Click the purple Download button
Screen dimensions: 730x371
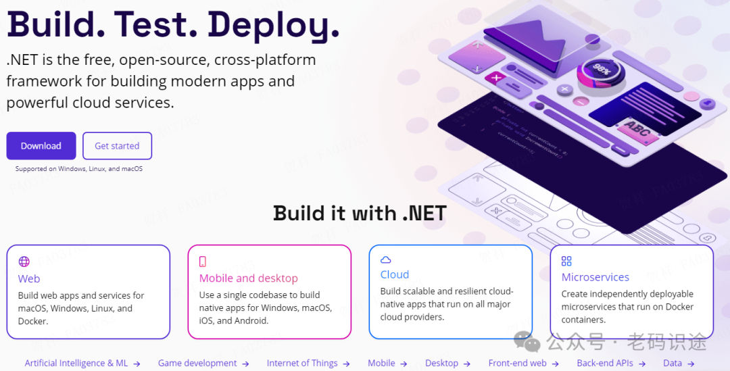pyautogui.click(x=41, y=146)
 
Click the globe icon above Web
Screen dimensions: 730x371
pyautogui.click(x=24, y=262)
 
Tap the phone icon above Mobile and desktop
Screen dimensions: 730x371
pyautogui.click(x=203, y=262)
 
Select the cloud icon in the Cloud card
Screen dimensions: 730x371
pyautogui.click(x=386, y=259)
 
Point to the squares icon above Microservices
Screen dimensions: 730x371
pyautogui.click(x=566, y=261)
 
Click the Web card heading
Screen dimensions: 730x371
pyautogui.click(x=29, y=278)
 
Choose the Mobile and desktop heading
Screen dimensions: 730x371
pyautogui.click(x=248, y=278)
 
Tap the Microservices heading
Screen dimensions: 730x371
pyautogui.click(x=595, y=277)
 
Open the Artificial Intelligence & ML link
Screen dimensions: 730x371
pyautogui.click(x=76, y=363)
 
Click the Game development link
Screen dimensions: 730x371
pyautogui.click(x=197, y=363)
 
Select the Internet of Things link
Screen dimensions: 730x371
pyautogui.click(x=302, y=363)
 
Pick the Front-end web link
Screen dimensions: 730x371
pyautogui.click(x=518, y=363)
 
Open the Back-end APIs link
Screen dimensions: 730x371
pyautogui.click(x=605, y=363)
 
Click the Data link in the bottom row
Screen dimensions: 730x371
pyautogui.click(x=673, y=363)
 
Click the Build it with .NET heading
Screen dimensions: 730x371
pyautogui.click(x=360, y=214)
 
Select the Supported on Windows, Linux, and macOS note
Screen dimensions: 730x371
pyautogui.click(x=79, y=169)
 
